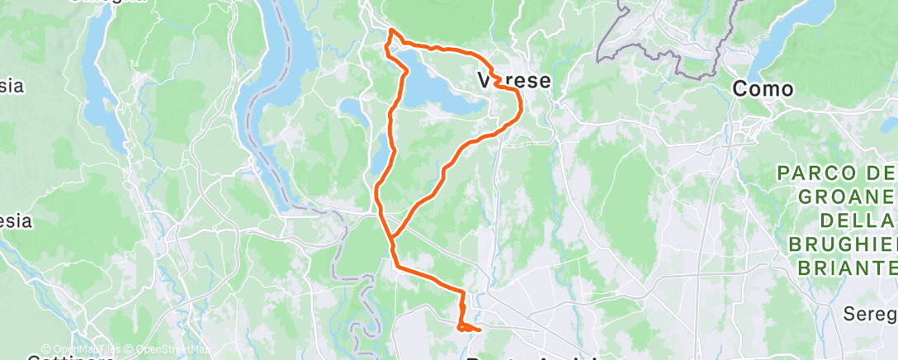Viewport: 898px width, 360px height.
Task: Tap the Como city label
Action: [x=763, y=88]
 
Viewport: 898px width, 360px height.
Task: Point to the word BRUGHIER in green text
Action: [x=842, y=244]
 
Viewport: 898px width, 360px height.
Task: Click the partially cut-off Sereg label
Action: [x=871, y=314]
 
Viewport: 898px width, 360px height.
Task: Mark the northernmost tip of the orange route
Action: [x=391, y=31]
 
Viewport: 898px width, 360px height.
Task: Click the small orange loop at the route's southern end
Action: [x=466, y=328]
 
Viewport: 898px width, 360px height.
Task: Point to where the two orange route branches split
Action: [x=393, y=238]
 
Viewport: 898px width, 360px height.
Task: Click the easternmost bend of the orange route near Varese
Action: [x=522, y=106]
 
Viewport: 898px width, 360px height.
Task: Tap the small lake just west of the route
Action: [x=351, y=110]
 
